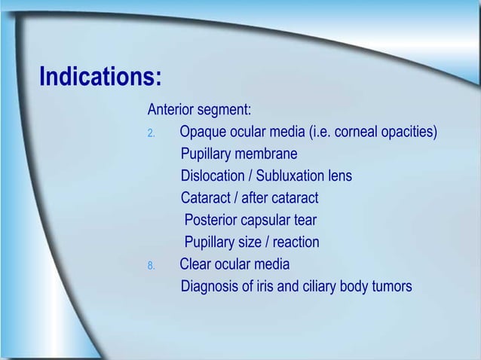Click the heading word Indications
pos(100,78)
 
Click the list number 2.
pos(151,134)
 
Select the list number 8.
pos(151,265)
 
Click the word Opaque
pos(203,133)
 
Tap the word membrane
pos(267,155)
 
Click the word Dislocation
pos(212,177)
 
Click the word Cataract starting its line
pos(205,199)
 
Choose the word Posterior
pos(210,221)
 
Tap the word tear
pos(305,221)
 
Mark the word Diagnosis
pos(210,286)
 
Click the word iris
pos(264,286)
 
